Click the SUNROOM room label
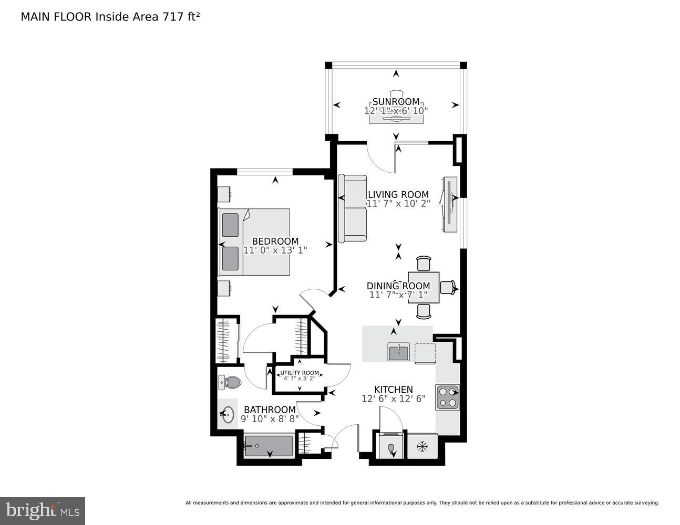pyautogui.click(x=396, y=102)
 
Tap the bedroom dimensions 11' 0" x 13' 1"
pyautogui.click(x=275, y=251)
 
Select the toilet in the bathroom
pyautogui.click(x=230, y=382)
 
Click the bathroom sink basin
pyautogui.click(x=228, y=415)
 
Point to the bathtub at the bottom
pyautogui.click(x=269, y=446)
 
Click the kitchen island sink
pyautogui.click(x=399, y=352)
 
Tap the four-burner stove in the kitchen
pyautogui.click(x=447, y=397)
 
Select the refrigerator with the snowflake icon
pyautogui.click(x=422, y=447)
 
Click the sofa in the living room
pyautogui.click(x=352, y=209)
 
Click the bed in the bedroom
pyautogui.click(x=255, y=242)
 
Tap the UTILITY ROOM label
pyautogui.click(x=300, y=373)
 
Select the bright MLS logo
pyautogui.click(x=43, y=510)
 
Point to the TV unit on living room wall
pyautogui.click(x=451, y=205)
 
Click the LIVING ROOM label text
pyautogui.click(x=398, y=195)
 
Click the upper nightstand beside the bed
pyautogui.click(x=225, y=193)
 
